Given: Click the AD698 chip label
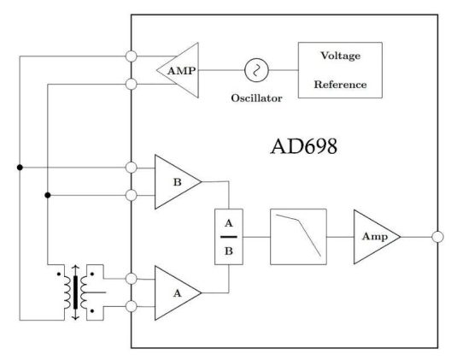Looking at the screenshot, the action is [304, 146].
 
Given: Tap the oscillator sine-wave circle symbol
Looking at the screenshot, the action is [256, 70].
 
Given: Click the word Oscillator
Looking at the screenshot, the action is [256, 98].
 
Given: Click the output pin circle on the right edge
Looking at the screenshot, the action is [437, 237].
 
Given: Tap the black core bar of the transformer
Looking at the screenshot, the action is [75, 292].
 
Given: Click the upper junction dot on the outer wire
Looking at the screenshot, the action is [20, 167].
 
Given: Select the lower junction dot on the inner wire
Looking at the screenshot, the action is [48, 195].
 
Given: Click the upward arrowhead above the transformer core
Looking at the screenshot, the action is [75, 267].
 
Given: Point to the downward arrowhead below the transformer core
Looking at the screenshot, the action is [75, 317].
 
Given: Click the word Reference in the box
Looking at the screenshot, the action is [340, 85].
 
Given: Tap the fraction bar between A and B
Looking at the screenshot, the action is [229, 237].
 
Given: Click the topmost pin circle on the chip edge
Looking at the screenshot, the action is [132, 56].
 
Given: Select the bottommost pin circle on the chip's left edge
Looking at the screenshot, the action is [132, 306].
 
